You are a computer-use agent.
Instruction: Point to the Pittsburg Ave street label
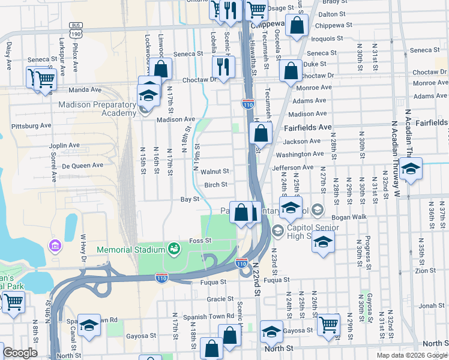click(x=34, y=126)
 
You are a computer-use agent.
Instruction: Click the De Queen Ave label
click(x=83, y=165)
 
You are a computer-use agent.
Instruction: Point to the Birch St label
click(x=216, y=185)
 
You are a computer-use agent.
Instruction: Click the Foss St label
click(x=200, y=240)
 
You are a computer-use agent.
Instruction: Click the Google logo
click(x=20, y=353)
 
